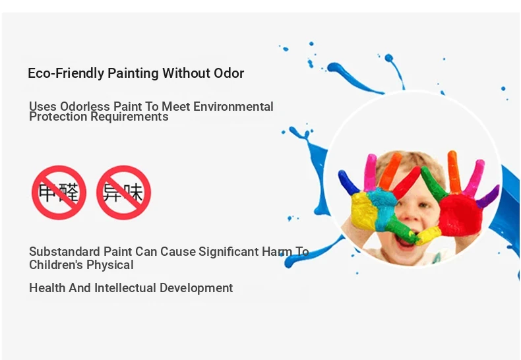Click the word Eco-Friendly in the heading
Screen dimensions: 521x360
66,73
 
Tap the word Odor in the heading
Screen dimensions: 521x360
229,73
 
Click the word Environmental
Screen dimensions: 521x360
233,107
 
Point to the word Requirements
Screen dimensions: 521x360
129,117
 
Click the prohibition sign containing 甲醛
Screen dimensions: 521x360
59,193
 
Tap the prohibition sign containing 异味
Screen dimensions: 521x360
123,193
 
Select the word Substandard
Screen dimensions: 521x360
65,251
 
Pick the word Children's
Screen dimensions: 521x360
51,264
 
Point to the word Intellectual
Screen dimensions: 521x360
125,287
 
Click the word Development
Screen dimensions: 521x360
196,288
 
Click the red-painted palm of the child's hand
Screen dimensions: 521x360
460,215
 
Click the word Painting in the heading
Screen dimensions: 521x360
133,74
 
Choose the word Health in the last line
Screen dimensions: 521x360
47,287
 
